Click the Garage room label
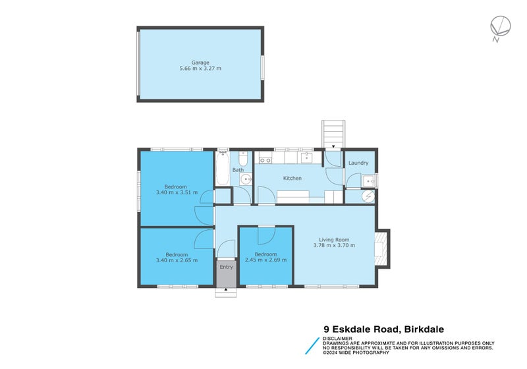200,63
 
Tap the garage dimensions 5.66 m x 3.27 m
200,69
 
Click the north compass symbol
501,26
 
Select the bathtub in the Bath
222,169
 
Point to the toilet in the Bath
243,160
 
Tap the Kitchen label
292,179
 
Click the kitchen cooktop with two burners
265,159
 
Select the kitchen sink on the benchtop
307,158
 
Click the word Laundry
358,163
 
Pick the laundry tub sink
369,181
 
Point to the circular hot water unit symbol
368,196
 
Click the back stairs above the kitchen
333,134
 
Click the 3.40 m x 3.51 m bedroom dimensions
177,192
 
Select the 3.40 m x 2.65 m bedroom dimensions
177,260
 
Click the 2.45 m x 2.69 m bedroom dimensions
265,260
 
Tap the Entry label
226,267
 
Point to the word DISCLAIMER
338,338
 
